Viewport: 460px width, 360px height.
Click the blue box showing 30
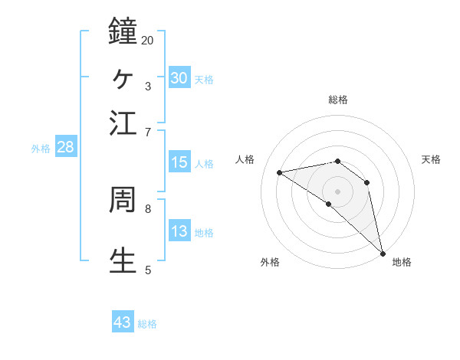(x=179, y=77)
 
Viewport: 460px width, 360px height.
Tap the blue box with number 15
(x=179, y=162)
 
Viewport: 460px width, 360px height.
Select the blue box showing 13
(x=179, y=231)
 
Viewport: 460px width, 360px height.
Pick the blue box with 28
(x=65, y=148)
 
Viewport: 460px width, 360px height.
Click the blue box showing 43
(x=123, y=322)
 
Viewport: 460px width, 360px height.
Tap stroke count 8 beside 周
(x=148, y=208)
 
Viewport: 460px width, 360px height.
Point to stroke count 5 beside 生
(x=148, y=270)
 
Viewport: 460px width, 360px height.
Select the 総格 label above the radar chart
(x=338, y=100)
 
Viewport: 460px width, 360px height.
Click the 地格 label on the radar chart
(x=402, y=262)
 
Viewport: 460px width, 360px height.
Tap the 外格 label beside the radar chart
(x=270, y=262)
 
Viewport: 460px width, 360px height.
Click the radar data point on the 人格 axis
(x=280, y=172)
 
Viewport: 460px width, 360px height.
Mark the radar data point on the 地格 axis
(x=383, y=253)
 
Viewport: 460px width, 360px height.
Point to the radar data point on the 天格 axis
(x=367, y=182)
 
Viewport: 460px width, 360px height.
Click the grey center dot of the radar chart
(x=338, y=191)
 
